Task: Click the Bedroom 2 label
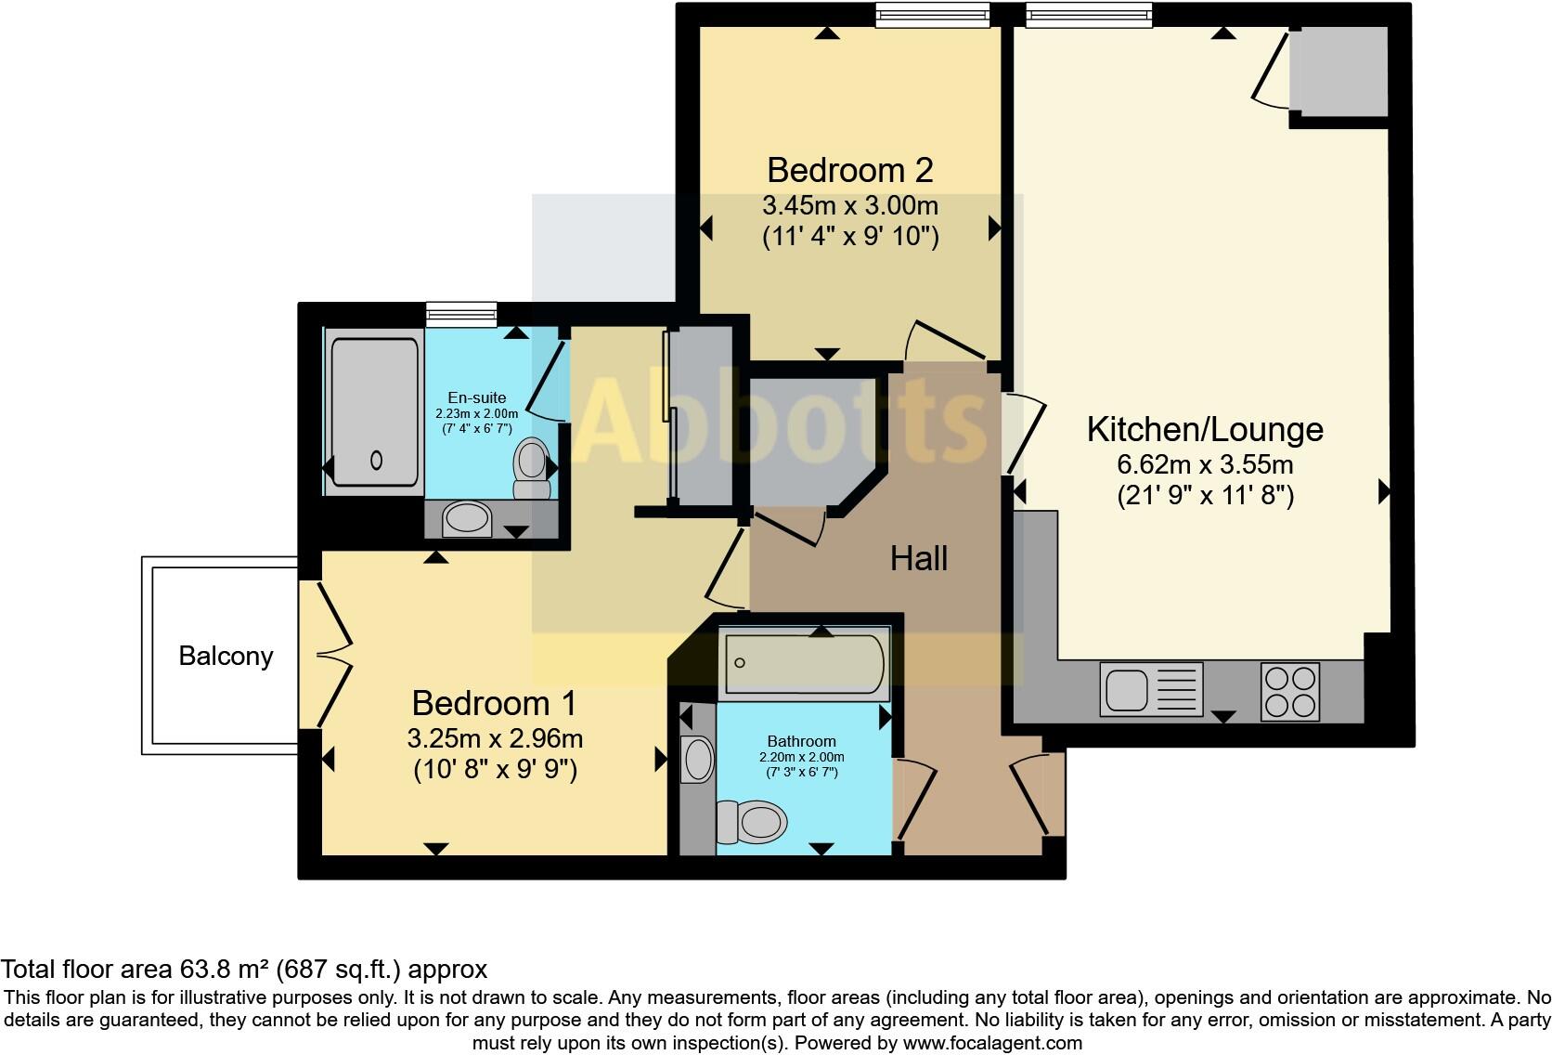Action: point(849,170)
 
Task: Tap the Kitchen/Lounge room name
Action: point(1204,429)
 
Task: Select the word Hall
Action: point(918,558)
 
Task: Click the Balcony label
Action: point(226,656)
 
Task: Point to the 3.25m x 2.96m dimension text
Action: point(495,738)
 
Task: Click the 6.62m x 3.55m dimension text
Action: point(1205,463)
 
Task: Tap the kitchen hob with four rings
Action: point(1289,692)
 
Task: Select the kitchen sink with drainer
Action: point(1151,689)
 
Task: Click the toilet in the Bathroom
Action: point(753,822)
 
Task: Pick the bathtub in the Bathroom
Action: point(805,663)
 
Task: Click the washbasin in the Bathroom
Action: point(697,760)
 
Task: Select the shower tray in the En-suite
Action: point(375,411)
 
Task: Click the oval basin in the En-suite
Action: point(467,519)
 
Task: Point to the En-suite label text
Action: point(476,397)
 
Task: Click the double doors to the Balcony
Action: point(332,655)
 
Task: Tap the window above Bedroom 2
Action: point(933,16)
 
